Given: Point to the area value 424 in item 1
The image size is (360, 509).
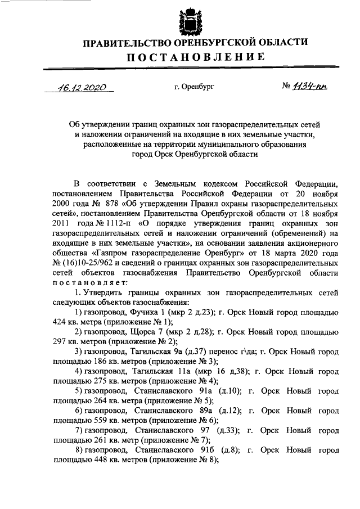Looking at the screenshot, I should click(59, 323).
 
